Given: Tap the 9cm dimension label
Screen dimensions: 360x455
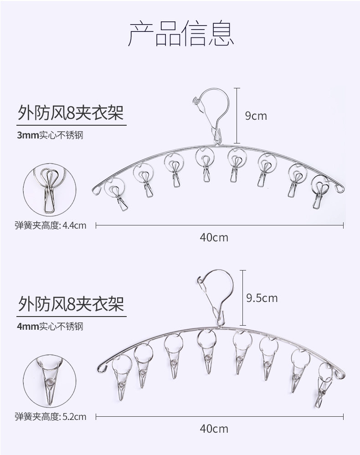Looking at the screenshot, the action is point(256,116).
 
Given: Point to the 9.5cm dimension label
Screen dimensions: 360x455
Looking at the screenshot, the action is point(261,298).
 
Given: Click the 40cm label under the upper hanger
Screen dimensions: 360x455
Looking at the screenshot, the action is point(214,237).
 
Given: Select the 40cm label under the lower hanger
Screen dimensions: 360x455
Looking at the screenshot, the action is point(214,429).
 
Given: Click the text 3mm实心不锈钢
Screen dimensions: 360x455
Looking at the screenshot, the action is point(50,135).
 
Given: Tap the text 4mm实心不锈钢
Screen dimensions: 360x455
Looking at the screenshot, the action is point(50,326).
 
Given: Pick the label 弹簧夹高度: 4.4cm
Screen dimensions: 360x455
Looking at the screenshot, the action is point(51,225).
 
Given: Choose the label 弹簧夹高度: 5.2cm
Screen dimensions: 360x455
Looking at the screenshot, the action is point(51,416).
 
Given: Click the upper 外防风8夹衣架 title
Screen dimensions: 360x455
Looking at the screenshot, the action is point(71,112).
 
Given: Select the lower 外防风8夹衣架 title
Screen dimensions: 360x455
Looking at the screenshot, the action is point(71,303).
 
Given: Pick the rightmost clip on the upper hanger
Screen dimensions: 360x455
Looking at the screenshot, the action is point(321,194).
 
